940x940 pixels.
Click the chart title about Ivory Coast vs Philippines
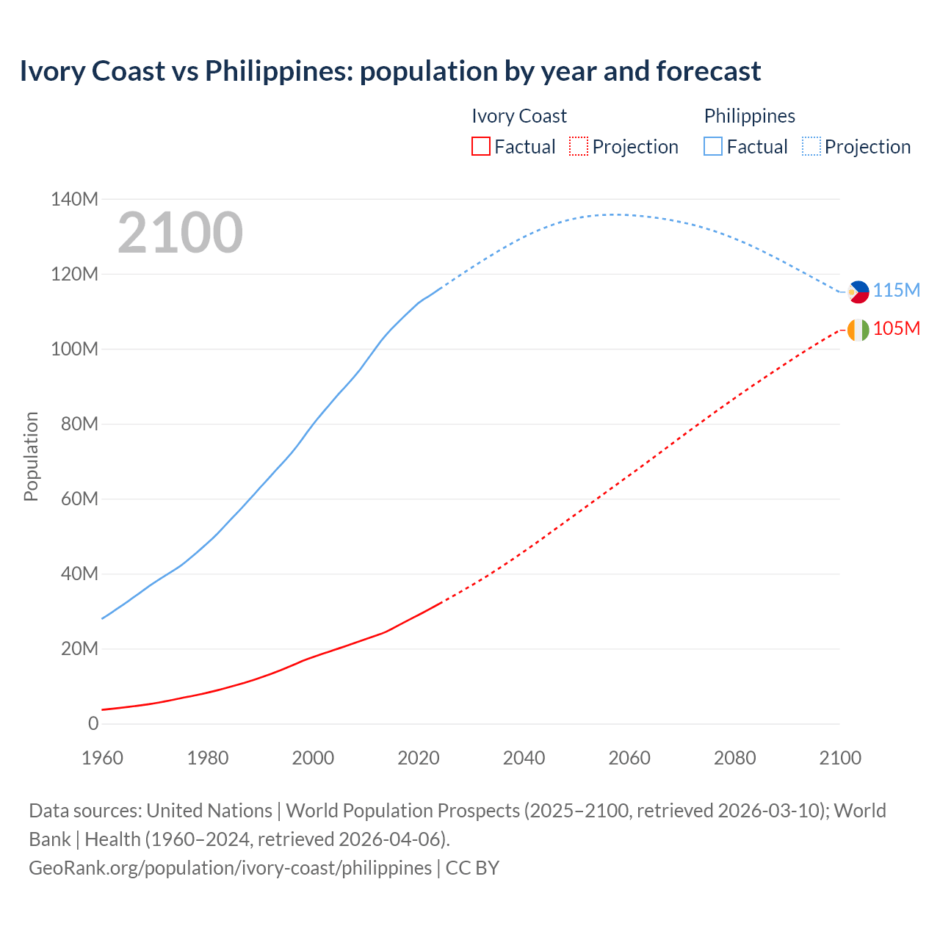pyautogui.click(x=390, y=71)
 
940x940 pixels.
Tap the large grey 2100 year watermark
pyautogui.click(x=180, y=232)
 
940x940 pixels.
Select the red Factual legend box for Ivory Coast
pyautogui.click(x=481, y=146)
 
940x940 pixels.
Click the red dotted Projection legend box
pyautogui.click(x=579, y=146)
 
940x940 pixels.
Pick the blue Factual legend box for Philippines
pyautogui.click(x=713, y=146)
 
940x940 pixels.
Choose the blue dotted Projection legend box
pyautogui.click(x=811, y=146)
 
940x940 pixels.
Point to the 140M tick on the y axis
pyautogui.click(x=74, y=199)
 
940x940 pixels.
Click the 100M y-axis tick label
pyautogui.click(x=74, y=349)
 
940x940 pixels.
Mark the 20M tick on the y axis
pyautogui.click(x=79, y=648)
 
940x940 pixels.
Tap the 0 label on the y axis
pyautogui.click(x=93, y=723)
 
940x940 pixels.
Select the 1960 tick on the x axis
pyautogui.click(x=102, y=758)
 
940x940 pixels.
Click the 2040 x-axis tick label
pyautogui.click(x=524, y=758)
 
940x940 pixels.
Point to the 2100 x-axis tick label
pyautogui.click(x=840, y=758)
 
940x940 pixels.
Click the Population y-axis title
pyautogui.click(x=31, y=456)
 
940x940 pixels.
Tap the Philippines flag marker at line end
pyautogui.click(x=858, y=292)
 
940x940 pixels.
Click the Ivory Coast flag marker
pyautogui.click(x=858, y=330)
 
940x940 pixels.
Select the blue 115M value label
pyautogui.click(x=896, y=290)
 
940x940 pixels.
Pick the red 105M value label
pyautogui.click(x=896, y=328)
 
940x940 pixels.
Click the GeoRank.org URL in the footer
pyautogui.click(x=230, y=867)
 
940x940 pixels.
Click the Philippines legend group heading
pyautogui.click(x=749, y=116)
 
